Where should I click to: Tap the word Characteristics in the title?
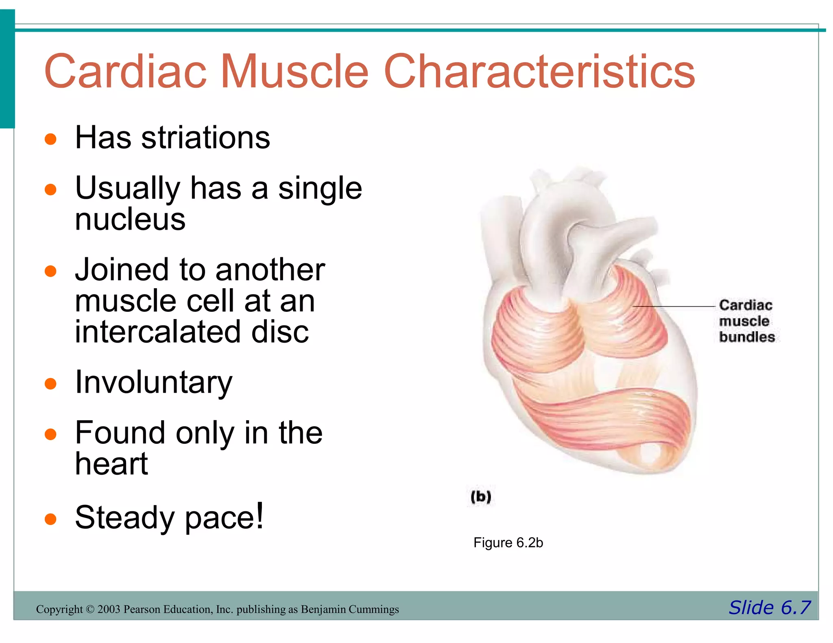pos(539,72)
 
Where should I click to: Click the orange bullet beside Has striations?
pos(50,139)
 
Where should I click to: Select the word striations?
pos(205,138)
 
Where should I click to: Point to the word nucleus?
pos(130,219)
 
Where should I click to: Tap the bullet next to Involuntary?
pos(50,384)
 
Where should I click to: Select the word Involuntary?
pos(154,383)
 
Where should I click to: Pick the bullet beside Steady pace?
pos(50,519)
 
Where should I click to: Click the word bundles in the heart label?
pos(747,337)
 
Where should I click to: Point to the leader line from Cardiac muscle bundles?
pos(675,306)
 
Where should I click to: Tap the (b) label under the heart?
pos(481,497)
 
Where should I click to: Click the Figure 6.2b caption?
pos(508,543)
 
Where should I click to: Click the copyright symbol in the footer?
pos(90,609)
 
